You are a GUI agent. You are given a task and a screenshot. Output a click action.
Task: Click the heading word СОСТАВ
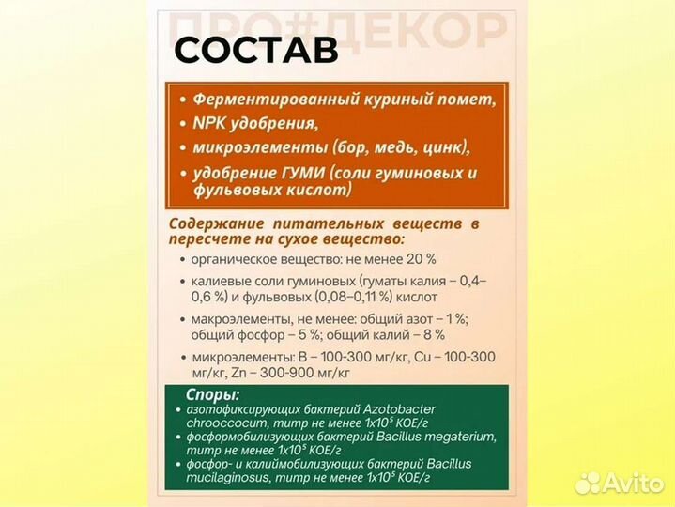click(255, 51)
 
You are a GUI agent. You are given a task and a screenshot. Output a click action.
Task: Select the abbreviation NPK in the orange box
click(209, 123)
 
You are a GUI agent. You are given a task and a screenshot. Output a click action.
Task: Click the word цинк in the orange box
click(442, 147)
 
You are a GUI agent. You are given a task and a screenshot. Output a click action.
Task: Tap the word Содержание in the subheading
click(215, 224)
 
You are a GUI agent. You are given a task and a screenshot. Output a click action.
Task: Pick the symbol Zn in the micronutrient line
click(200, 373)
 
